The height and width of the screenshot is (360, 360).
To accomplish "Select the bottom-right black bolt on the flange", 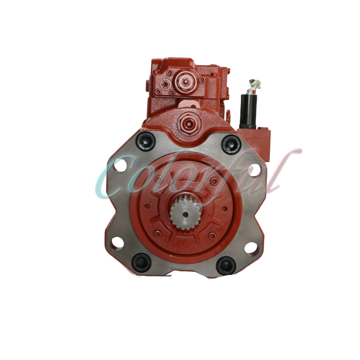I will (x=225, y=265).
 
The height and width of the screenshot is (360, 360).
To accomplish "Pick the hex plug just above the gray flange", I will (x=186, y=121).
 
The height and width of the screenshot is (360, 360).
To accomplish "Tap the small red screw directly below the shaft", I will (x=184, y=245).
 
